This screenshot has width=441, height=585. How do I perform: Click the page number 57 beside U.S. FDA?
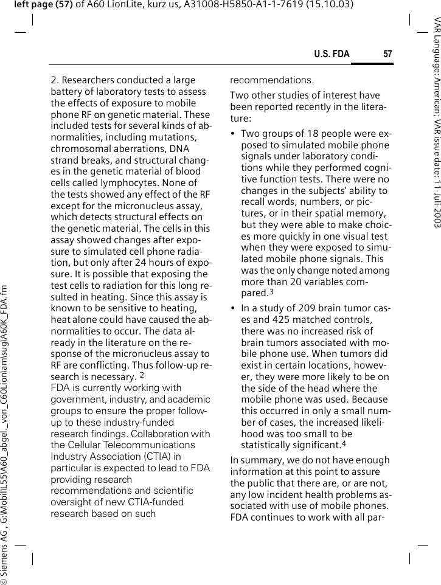coord(387,55)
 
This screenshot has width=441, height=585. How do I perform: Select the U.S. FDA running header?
coord(332,55)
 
